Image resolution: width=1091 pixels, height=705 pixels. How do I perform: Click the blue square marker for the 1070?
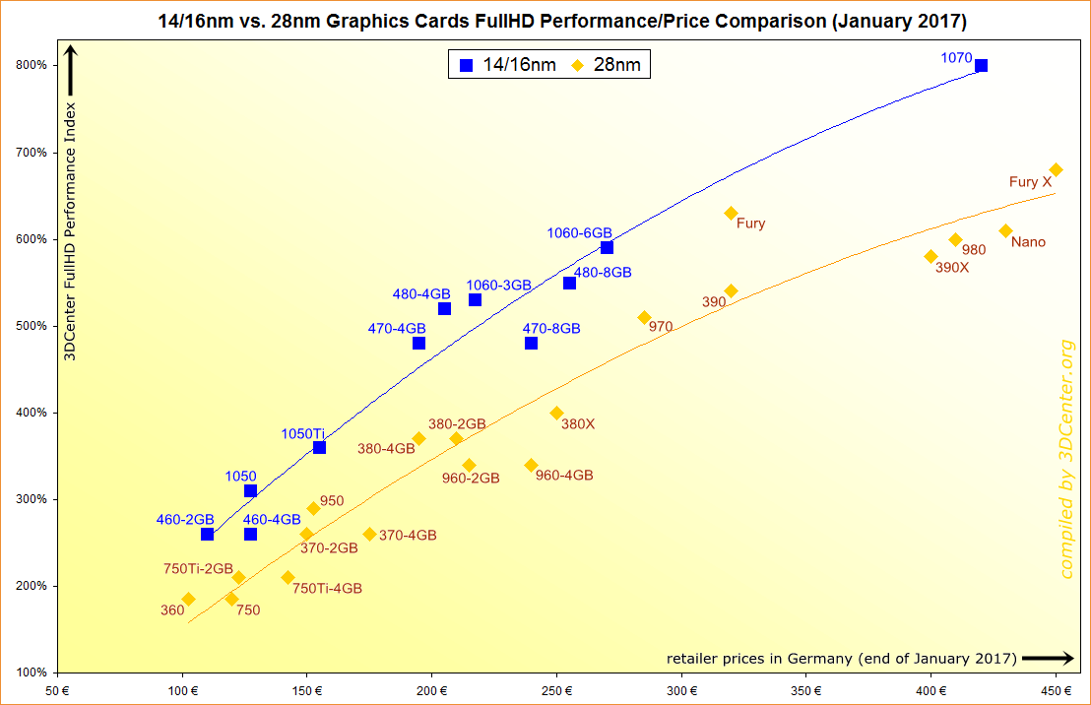[x=981, y=66]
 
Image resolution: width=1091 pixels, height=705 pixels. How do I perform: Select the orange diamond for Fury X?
[x=1056, y=170]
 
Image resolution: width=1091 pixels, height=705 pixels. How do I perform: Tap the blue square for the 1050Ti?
[x=319, y=447]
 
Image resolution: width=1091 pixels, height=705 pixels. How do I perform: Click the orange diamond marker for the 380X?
[x=556, y=414]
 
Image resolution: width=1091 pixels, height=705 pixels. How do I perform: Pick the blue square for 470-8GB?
[x=531, y=344]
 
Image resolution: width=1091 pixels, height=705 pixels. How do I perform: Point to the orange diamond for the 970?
[x=644, y=318]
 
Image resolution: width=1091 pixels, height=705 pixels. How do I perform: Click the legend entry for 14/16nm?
[x=508, y=66]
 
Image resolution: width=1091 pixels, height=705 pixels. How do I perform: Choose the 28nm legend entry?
[x=610, y=66]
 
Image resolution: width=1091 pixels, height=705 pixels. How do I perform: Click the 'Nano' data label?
[x=1028, y=242]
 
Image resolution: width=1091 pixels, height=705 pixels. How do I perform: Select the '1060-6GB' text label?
[x=579, y=233]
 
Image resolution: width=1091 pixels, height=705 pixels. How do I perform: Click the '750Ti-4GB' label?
[x=327, y=589]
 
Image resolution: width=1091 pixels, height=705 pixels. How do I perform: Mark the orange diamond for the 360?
[x=188, y=599]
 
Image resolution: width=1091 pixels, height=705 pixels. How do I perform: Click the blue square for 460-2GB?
[x=207, y=535]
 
